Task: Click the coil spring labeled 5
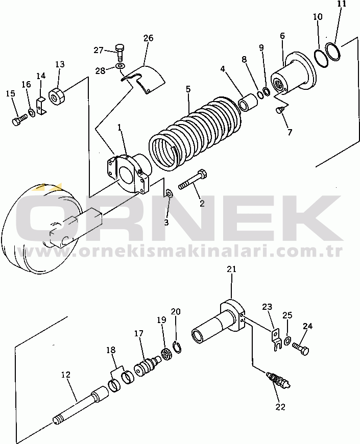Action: tap(196, 133)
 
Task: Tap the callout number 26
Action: tap(148, 38)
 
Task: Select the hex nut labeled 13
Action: tap(57, 97)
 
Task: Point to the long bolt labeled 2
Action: tap(193, 179)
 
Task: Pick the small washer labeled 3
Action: tap(169, 194)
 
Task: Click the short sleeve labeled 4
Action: tap(248, 103)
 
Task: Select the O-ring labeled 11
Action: tap(333, 51)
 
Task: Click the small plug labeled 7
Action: tap(279, 110)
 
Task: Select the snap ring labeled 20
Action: tap(177, 348)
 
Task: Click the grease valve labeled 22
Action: tap(278, 380)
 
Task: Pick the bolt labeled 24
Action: tap(300, 348)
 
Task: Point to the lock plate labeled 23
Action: tap(275, 339)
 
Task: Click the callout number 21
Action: tap(231, 269)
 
